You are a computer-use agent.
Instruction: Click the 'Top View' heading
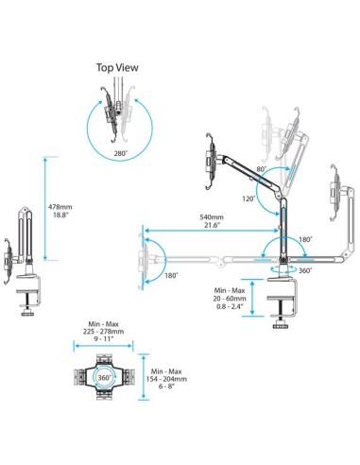point(117,67)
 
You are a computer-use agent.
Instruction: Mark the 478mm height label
point(61,205)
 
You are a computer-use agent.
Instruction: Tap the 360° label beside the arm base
point(304,271)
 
